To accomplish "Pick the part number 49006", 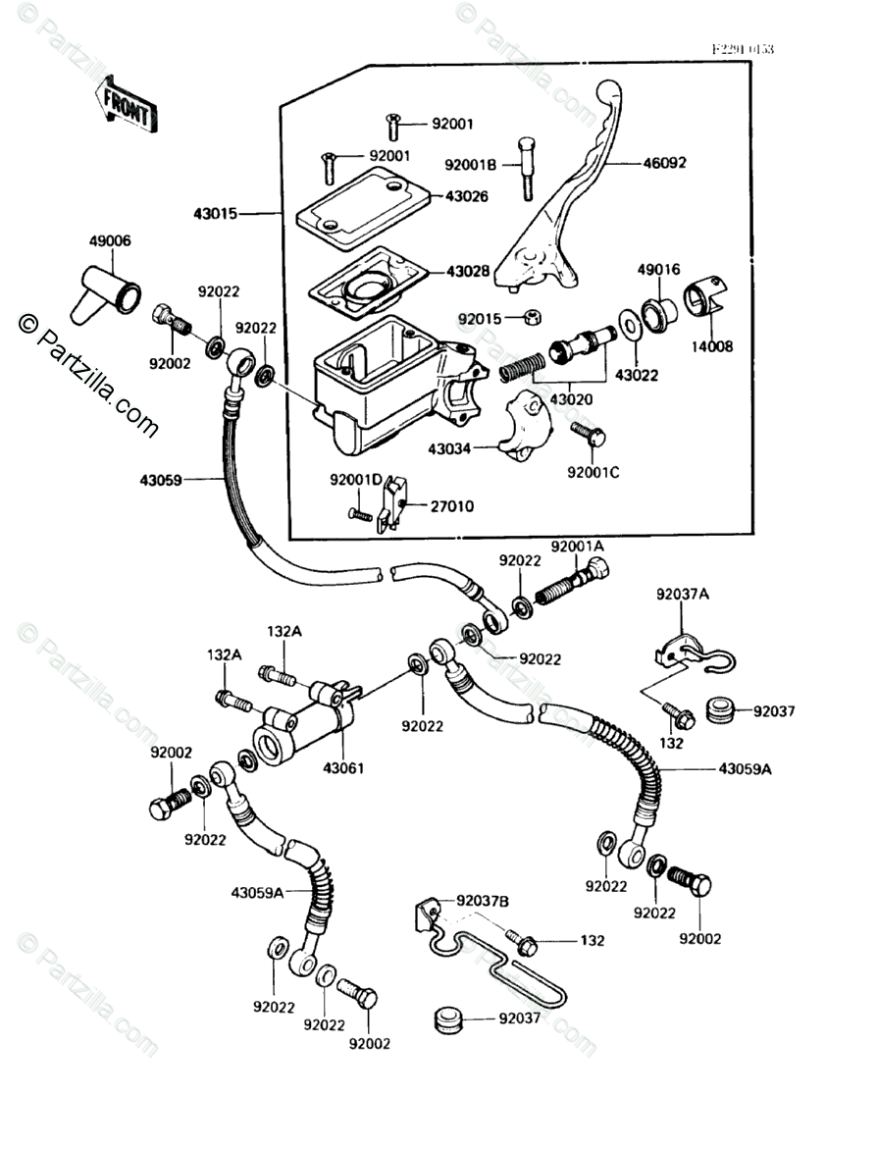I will coord(110,240).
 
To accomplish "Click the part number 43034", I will coord(448,448).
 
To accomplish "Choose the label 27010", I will coord(452,506).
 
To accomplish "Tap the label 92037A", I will coord(683,594).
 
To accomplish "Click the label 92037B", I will coord(482,901).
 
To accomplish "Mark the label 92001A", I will coord(577,546).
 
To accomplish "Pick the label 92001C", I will coord(593,472).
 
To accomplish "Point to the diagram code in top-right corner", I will coord(743,48).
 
